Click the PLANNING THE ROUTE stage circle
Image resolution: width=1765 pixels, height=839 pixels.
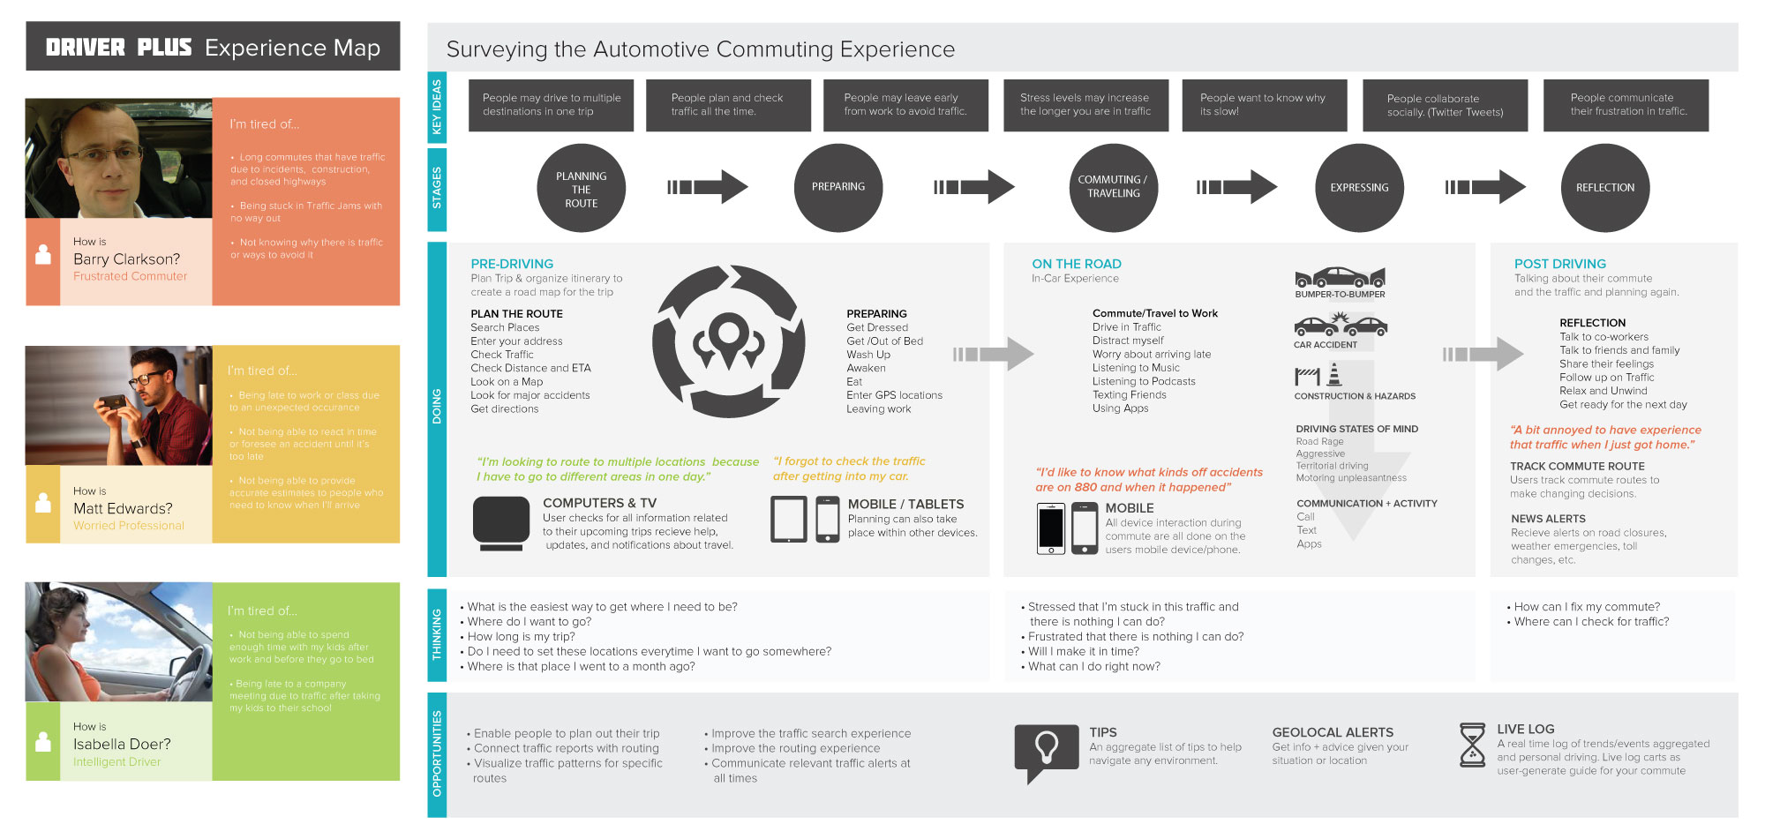pyautogui.click(x=581, y=189)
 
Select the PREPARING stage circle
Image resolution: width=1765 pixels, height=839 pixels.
pyautogui.click(x=838, y=187)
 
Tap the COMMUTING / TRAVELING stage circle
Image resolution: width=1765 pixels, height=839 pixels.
pyautogui.click(x=1113, y=187)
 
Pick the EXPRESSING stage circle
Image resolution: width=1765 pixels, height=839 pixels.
pyautogui.click(x=1359, y=188)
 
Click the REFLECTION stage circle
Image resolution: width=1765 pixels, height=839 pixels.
pyautogui.click(x=1605, y=188)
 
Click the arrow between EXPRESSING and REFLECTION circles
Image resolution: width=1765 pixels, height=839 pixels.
pyautogui.click(x=1485, y=187)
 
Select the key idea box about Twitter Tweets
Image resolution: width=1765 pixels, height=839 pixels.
pyautogui.click(x=1445, y=106)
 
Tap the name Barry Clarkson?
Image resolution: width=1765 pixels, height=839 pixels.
pyautogui.click(x=126, y=259)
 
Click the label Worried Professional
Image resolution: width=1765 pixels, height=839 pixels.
pyautogui.click(x=129, y=526)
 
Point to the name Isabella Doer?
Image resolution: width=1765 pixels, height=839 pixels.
pyautogui.click(x=122, y=745)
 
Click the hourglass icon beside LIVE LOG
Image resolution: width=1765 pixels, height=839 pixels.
pyautogui.click(x=1472, y=745)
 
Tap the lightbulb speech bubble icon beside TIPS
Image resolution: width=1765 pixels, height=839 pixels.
pyautogui.click(x=1046, y=751)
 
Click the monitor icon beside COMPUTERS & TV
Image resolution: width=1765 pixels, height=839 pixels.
pyautogui.click(x=501, y=523)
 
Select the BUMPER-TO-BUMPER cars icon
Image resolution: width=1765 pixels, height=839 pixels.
pyautogui.click(x=1340, y=278)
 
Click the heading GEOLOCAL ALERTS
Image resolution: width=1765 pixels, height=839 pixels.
pyautogui.click(x=1333, y=732)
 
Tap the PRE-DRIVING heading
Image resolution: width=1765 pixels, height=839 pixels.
pyautogui.click(x=512, y=264)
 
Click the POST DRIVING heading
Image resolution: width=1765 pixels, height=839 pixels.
pyautogui.click(x=1560, y=264)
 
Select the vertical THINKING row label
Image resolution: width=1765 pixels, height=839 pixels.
pyautogui.click(x=437, y=634)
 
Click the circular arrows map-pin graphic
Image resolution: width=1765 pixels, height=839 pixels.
pyautogui.click(x=728, y=341)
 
